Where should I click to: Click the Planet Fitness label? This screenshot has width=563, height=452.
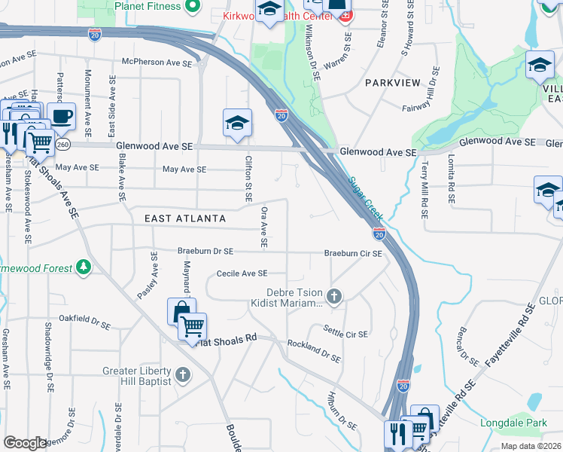tap(148, 7)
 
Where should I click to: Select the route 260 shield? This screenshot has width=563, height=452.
tap(63, 144)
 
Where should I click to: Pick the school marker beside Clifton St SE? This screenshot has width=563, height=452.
tap(237, 123)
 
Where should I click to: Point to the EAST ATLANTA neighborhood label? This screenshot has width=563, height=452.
tap(185, 218)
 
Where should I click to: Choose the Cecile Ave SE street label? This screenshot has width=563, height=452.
tap(242, 273)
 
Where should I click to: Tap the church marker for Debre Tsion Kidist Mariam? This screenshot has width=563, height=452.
tap(333, 296)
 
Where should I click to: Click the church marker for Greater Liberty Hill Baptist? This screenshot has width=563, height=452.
tap(182, 374)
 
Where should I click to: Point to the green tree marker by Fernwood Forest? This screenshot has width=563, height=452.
tap(84, 267)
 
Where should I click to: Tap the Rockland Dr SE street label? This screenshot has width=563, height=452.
tap(315, 351)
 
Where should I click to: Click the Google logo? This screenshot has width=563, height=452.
tap(25, 442)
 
